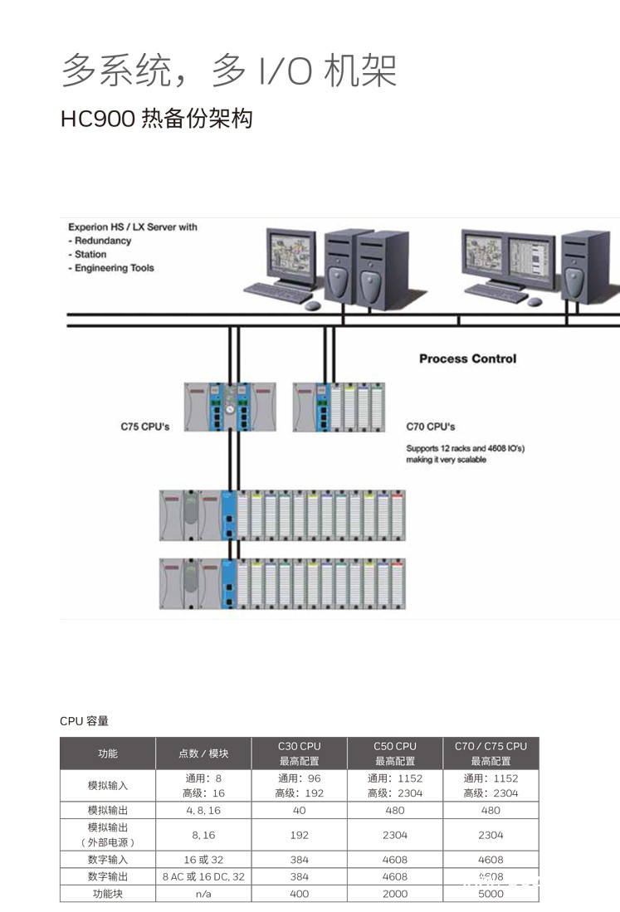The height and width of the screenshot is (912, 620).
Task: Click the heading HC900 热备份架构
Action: (156, 119)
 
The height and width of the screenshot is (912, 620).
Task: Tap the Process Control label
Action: (467, 358)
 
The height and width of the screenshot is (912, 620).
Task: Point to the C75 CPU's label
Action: (145, 427)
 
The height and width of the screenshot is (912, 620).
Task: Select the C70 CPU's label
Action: (431, 427)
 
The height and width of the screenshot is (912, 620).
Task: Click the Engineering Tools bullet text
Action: (115, 268)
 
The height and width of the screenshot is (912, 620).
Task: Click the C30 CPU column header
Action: (300, 753)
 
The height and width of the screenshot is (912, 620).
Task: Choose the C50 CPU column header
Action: (395, 753)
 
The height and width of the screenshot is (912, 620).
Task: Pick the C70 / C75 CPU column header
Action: (491, 753)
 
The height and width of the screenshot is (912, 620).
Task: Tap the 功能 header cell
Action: (108, 753)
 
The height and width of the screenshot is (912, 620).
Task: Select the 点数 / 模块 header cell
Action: (203, 753)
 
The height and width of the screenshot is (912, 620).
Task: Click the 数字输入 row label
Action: (108, 860)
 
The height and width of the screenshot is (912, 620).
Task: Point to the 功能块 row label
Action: (108, 894)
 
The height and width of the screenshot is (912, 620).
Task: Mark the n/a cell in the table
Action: (203, 894)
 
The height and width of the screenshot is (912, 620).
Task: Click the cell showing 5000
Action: (491, 894)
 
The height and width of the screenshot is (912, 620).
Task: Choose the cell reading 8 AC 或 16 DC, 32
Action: (203, 876)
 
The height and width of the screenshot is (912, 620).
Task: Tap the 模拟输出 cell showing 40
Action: (300, 810)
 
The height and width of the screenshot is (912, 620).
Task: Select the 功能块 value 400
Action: (300, 894)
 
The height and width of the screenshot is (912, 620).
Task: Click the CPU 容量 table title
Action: (84, 721)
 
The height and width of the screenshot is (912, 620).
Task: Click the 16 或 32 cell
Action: (203, 860)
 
